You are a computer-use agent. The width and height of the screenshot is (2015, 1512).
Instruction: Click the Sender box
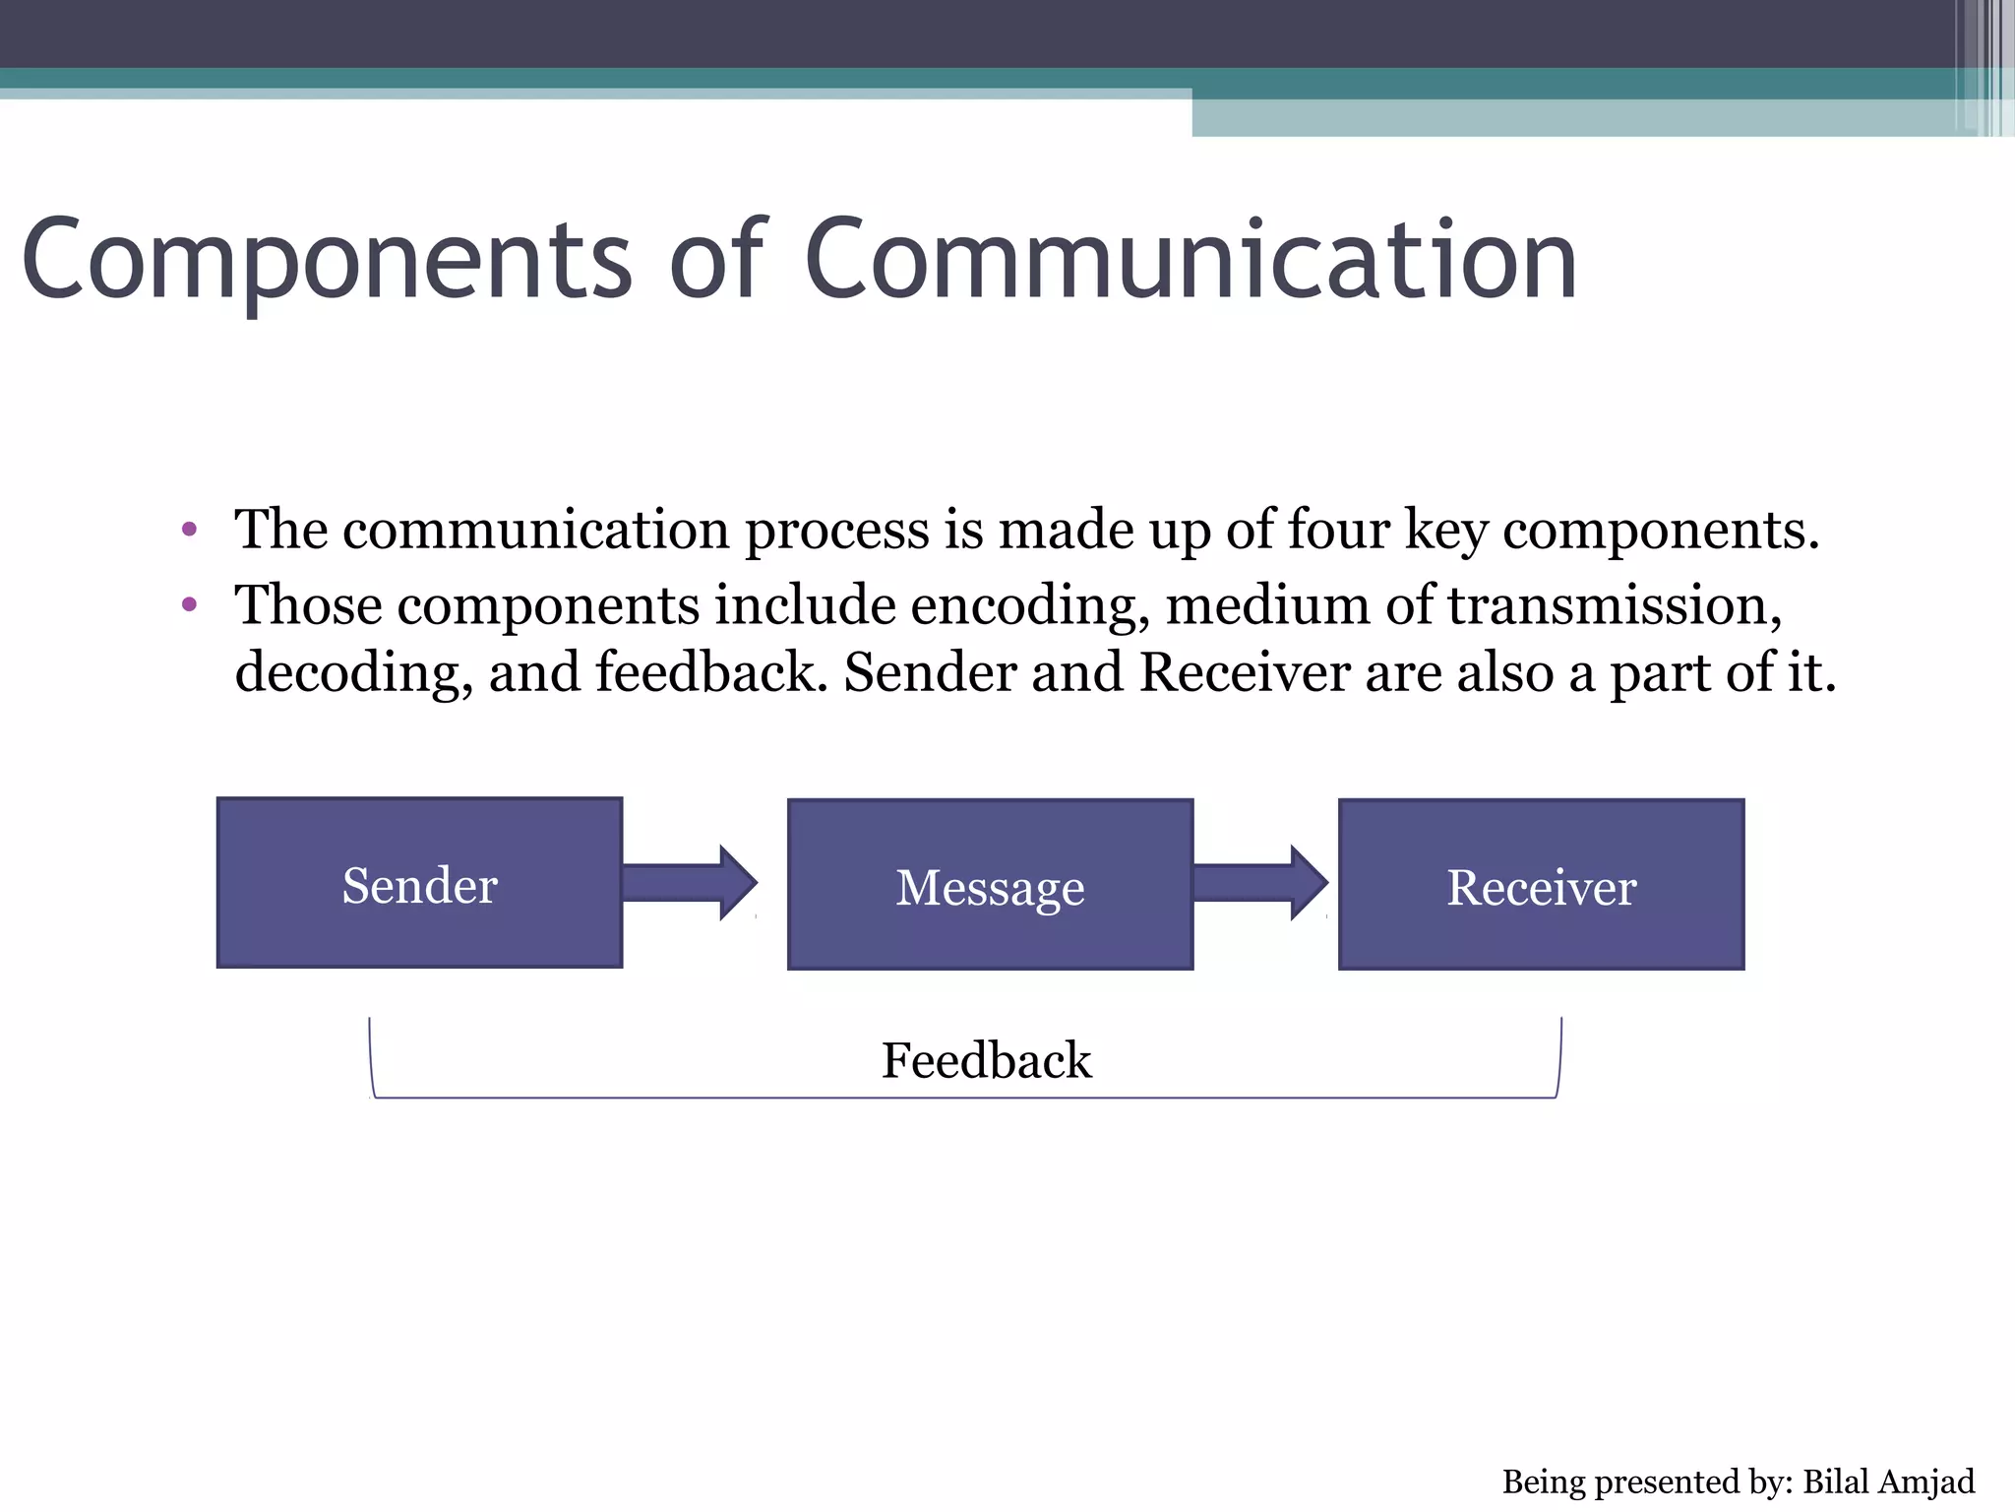point(419,883)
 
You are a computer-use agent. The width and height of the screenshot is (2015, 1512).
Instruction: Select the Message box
point(990,885)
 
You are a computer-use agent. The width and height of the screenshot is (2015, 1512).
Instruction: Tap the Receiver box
point(1541,885)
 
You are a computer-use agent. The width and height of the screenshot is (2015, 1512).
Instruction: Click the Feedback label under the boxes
point(986,1061)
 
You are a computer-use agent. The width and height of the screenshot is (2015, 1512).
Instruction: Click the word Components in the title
point(325,261)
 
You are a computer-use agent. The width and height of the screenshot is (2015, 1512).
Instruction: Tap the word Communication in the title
point(1191,261)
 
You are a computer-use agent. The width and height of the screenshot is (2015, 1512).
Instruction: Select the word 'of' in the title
point(716,261)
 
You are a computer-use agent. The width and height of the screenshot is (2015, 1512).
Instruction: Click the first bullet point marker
point(190,531)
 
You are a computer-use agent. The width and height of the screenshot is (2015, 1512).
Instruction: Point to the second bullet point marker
point(190,604)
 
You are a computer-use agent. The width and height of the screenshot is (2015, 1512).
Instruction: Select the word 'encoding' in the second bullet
point(1029,604)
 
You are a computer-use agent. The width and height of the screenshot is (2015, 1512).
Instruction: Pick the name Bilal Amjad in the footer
point(1888,1481)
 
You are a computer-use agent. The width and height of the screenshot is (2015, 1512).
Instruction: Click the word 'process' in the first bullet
point(836,532)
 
